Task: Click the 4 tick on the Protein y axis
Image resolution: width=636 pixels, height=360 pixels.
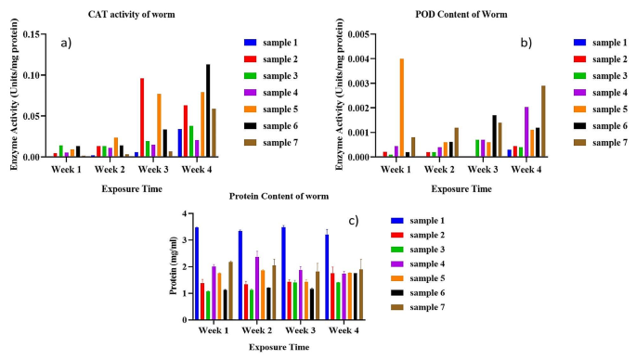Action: tap(186, 212)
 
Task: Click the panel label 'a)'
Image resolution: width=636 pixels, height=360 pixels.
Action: tap(65, 45)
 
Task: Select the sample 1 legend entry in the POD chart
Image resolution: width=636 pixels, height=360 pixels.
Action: tap(594, 43)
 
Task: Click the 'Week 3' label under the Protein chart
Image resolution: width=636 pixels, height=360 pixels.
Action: tap(320, 329)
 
